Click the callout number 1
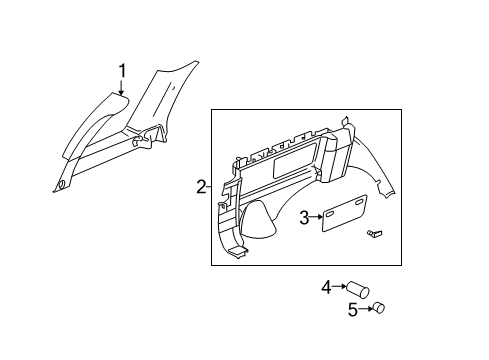pos(122,71)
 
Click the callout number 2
pos(201,187)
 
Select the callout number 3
pos(304,218)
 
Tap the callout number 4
pos(327,287)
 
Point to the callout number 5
pos(353,310)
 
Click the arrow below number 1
pos(122,87)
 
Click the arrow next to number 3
pos(316,217)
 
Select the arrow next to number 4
pos(340,286)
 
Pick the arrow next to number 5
pos(365,309)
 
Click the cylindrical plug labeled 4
pos(358,290)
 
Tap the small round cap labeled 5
pos(379,307)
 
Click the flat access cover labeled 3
pos(344,213)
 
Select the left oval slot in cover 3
pos(329,215)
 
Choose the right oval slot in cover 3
pos(359,203)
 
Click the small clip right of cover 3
pos(375,233)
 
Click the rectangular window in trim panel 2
pos(295,158)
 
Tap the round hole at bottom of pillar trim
pos(61,184)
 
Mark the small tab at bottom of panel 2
pos(240,251)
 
